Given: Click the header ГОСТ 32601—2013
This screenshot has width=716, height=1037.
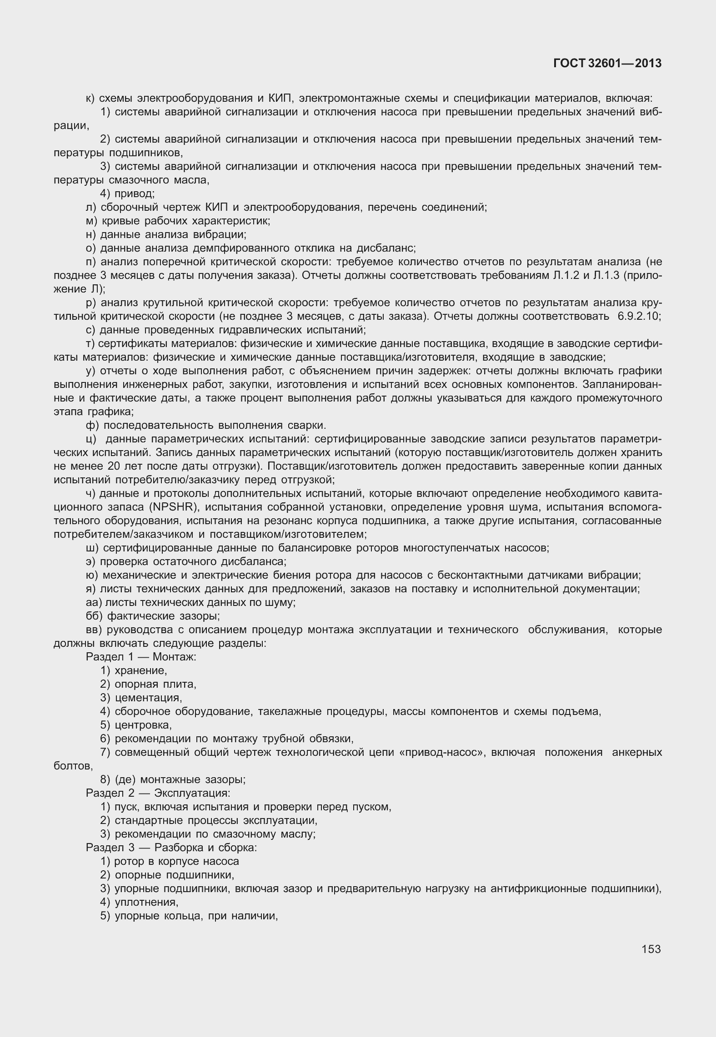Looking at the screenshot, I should click(x=607, y=64).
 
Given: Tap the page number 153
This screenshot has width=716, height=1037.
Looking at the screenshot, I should click(x=651, y=948).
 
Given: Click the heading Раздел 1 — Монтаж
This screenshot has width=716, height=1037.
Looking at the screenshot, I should click(x=141, y=657).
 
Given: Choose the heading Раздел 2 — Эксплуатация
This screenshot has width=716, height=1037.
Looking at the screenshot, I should click(x=158, y=793).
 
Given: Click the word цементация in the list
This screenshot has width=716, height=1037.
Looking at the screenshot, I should click(x=148, y=698).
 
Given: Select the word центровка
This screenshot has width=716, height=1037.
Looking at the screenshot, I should click(x=143, y=725).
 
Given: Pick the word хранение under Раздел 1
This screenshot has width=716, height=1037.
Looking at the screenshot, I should click(x=140, y=670).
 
